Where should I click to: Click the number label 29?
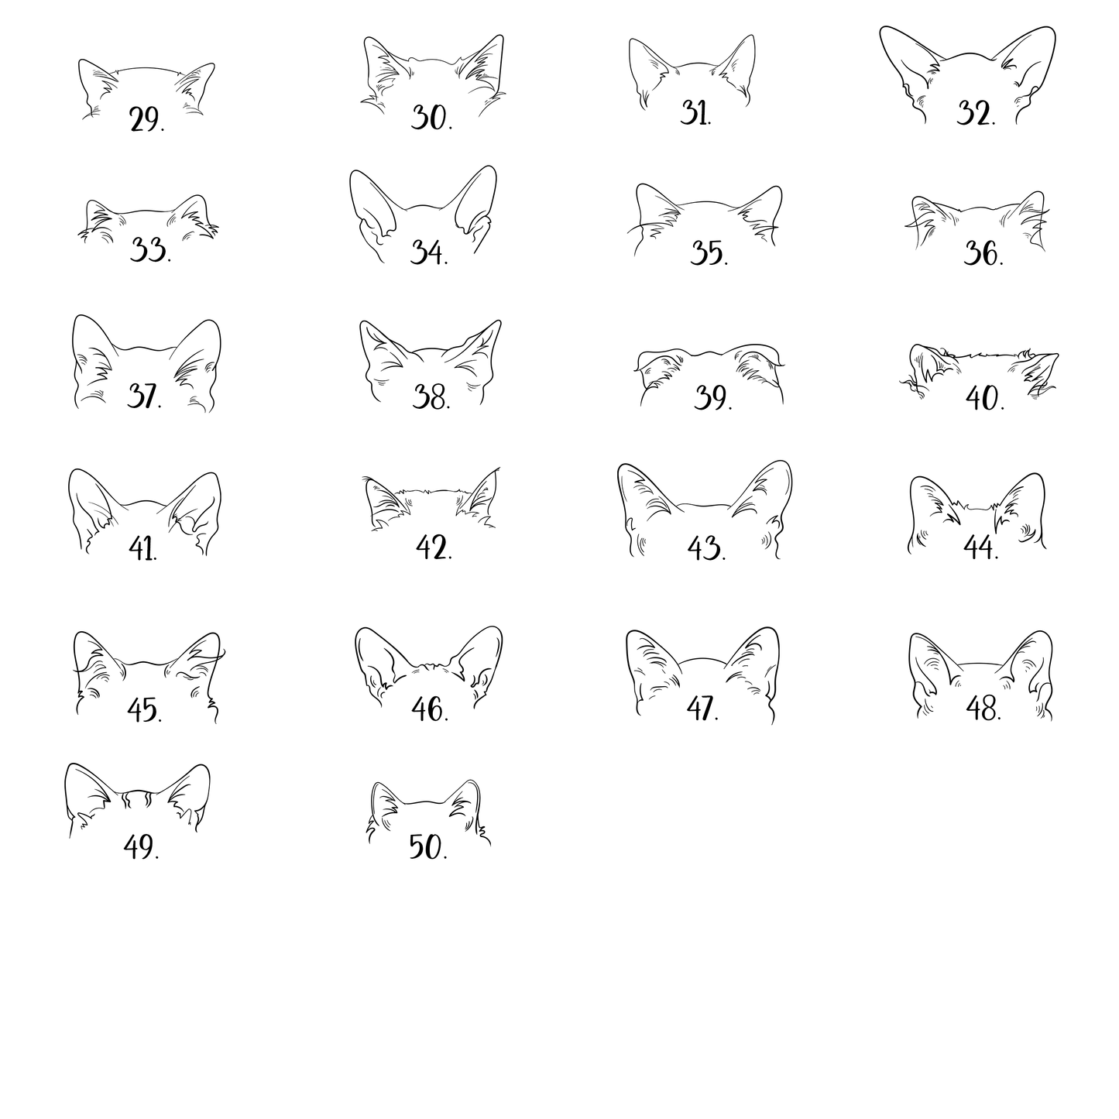point(147,119)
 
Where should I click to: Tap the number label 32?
point(977,113)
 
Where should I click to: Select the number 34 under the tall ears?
point(429,252)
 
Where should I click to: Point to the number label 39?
point(712,398)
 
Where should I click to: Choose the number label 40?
point(985,398)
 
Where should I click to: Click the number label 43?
point(706,548)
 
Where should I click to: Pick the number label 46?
point(430,709)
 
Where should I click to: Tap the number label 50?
point(428,846)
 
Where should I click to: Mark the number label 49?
point(141,846)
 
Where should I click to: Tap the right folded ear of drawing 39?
point(758,365)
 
